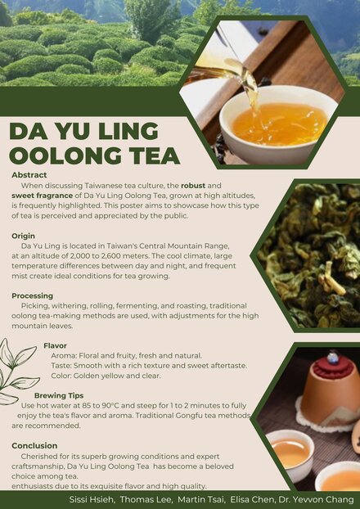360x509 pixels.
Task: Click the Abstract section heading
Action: (x=29, y=175)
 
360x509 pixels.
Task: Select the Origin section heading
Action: (x=24, y=236)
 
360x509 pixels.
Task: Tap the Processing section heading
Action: (x=33, y=295)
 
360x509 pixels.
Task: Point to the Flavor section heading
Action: (x=56, y=345)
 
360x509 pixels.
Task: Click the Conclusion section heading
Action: (x=34, y=445)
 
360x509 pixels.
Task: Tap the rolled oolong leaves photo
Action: (x=311, y=254)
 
